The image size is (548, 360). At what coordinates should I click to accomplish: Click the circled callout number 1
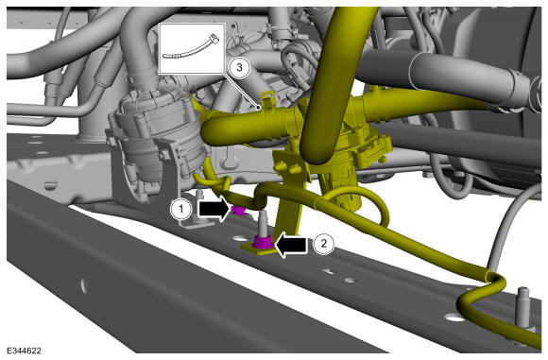pos(180,210)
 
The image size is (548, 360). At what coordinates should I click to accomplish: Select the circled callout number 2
pos(323,243)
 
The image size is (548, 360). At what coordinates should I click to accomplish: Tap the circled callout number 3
pos(239,67)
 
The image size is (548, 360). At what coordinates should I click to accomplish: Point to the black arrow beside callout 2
pos(291,245)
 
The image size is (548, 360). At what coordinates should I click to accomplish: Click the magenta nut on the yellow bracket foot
pos(264,242)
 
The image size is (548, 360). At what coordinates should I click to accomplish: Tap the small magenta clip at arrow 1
pos(238,211)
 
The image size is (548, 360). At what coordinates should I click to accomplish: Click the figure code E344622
pos(24,351)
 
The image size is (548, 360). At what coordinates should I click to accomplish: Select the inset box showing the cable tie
pos(192,48)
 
